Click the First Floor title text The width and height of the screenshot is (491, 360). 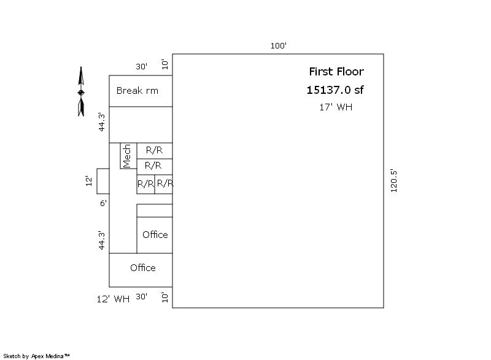[x=336, y=72]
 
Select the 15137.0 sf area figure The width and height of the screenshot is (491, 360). [x=334, y=90]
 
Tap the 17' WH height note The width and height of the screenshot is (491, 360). [x=336, y=107]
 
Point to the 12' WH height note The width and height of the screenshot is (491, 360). [x=113, y=299]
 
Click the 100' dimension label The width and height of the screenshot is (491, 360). [x=279, y=45]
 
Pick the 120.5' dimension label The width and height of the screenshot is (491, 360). [x=393, y=181]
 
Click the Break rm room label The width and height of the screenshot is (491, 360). [x=137, y=91]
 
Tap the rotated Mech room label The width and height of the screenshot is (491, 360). [x=127, y=156]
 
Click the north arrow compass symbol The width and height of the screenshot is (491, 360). [x=81, y=91]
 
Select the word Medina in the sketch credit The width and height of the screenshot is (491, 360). [x=55, y=356]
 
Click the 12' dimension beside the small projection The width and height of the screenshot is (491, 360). [x=89, y=181]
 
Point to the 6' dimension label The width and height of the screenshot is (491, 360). [x=103, y=203]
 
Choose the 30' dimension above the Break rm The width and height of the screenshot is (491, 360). [x=141, y=66]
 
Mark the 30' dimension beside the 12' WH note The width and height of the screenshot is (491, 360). [x=141, y=296]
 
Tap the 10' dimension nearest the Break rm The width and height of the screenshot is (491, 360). [x=164, y=64]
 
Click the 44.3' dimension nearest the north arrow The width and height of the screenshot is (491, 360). [x=102, y=122]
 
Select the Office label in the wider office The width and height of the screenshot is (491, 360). [x=143, y=268]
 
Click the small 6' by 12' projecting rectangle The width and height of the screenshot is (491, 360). [x=103, y=181]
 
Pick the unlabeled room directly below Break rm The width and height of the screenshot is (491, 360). [x=141, y=124]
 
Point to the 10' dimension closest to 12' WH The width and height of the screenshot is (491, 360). [x=164, y=297]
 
